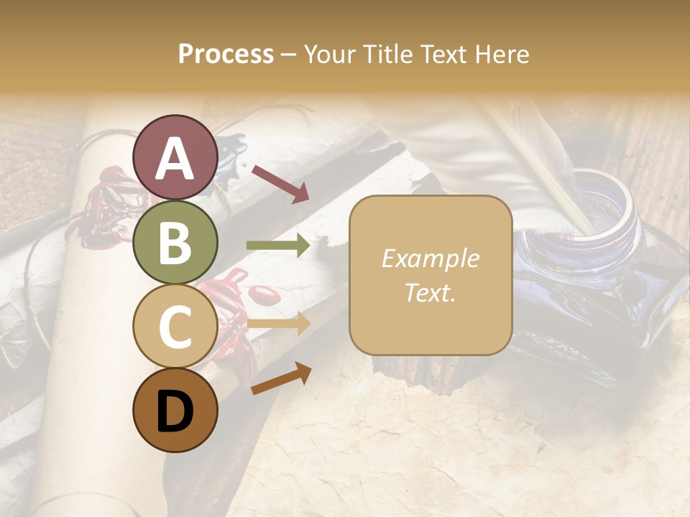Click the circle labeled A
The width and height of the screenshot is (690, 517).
175,157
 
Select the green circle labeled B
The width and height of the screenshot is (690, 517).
175,242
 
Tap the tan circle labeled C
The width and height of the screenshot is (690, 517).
175,327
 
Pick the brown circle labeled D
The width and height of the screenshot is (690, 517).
175,411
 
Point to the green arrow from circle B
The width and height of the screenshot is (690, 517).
278,246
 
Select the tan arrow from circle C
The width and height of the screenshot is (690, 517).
278,324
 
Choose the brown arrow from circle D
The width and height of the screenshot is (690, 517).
281,378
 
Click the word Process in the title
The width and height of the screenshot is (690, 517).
226,54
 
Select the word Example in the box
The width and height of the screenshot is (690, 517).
430,258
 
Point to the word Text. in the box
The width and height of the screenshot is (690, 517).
430,292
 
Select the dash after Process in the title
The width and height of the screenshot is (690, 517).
289,54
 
